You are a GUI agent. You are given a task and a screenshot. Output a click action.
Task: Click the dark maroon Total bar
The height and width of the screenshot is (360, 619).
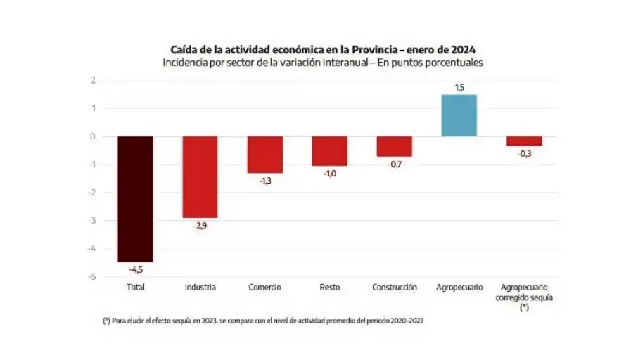(135, 198)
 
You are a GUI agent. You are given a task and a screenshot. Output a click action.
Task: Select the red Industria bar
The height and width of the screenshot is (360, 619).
(200, 176)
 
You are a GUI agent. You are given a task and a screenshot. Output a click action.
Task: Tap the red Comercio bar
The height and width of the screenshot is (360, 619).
(264, 154)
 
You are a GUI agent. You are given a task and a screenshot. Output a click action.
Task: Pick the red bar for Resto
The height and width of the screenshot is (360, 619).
(329, 150)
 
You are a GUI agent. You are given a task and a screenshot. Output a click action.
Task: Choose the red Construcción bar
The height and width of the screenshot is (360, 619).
(394, 146)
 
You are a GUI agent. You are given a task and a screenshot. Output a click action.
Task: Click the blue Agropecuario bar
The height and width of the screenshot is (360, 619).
(459, 115)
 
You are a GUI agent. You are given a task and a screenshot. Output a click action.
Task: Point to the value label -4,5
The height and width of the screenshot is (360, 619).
(136, 269)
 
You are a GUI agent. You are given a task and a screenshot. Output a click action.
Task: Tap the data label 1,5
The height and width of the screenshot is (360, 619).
(459, 88)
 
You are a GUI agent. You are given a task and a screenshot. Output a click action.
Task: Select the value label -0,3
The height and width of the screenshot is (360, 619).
(524, 153)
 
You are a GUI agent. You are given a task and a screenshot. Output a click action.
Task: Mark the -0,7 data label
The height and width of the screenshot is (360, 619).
(394, 164)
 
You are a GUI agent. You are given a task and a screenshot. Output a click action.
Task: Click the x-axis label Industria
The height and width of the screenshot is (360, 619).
(200, 288)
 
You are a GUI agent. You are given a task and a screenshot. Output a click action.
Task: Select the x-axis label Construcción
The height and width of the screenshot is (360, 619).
(394, 288)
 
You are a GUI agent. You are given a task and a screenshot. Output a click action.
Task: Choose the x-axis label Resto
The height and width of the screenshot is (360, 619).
(329, 288)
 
